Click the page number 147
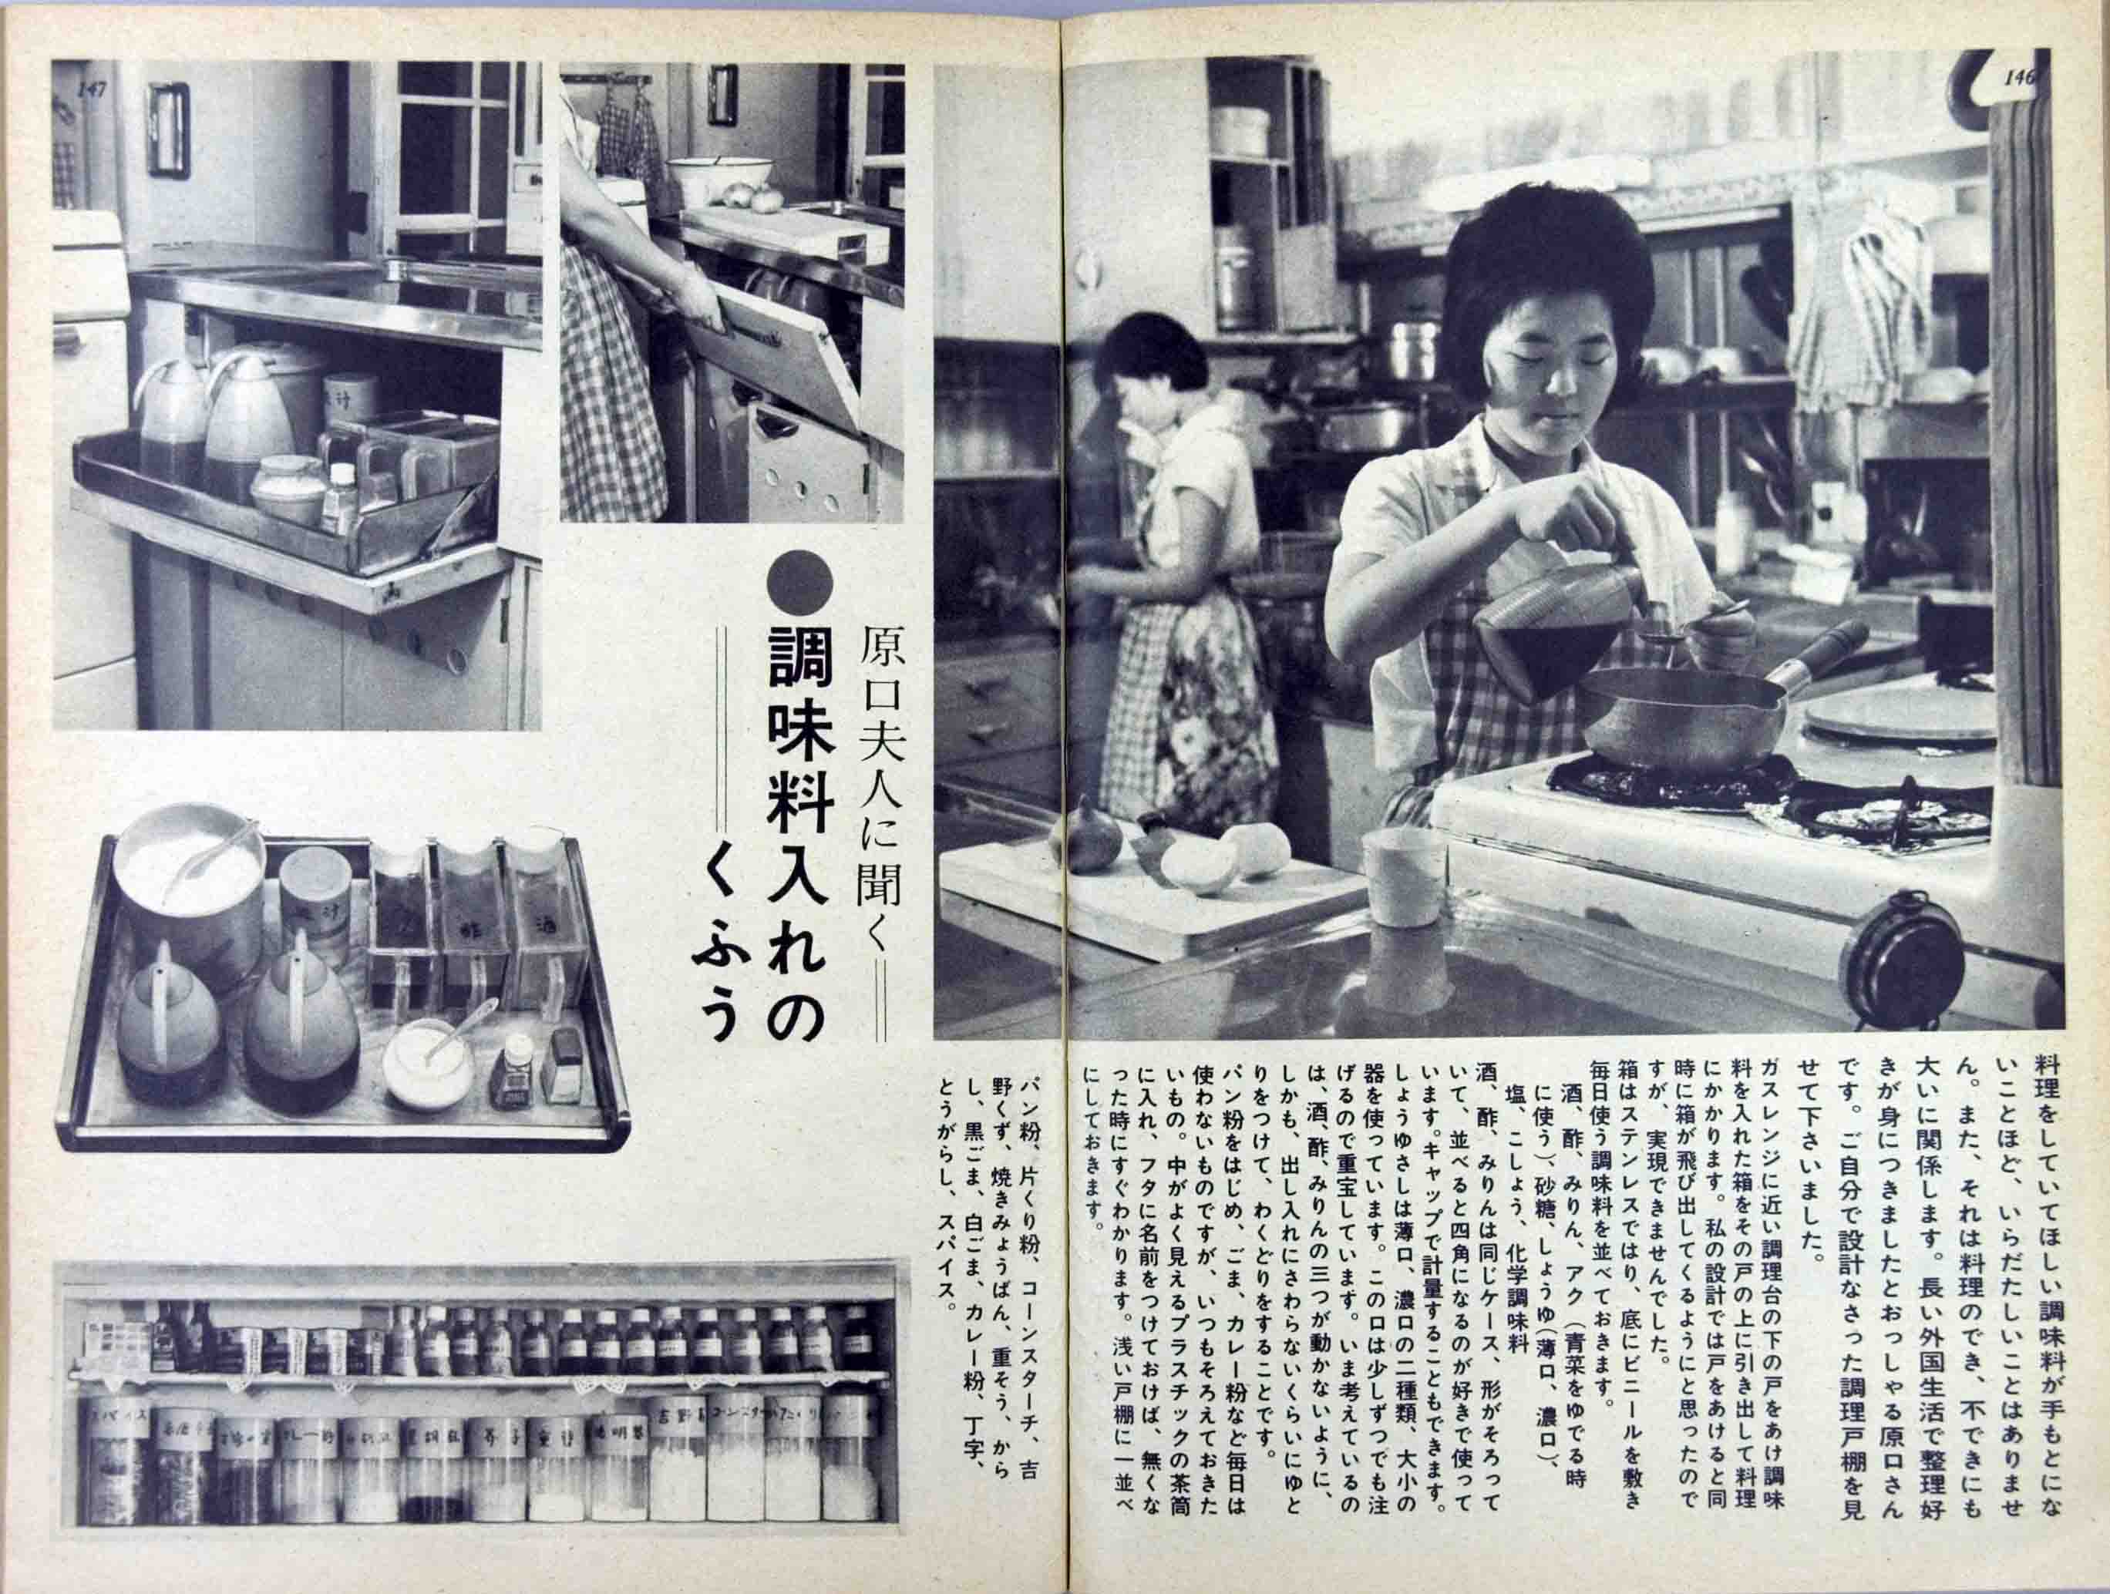tap(92, 89)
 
